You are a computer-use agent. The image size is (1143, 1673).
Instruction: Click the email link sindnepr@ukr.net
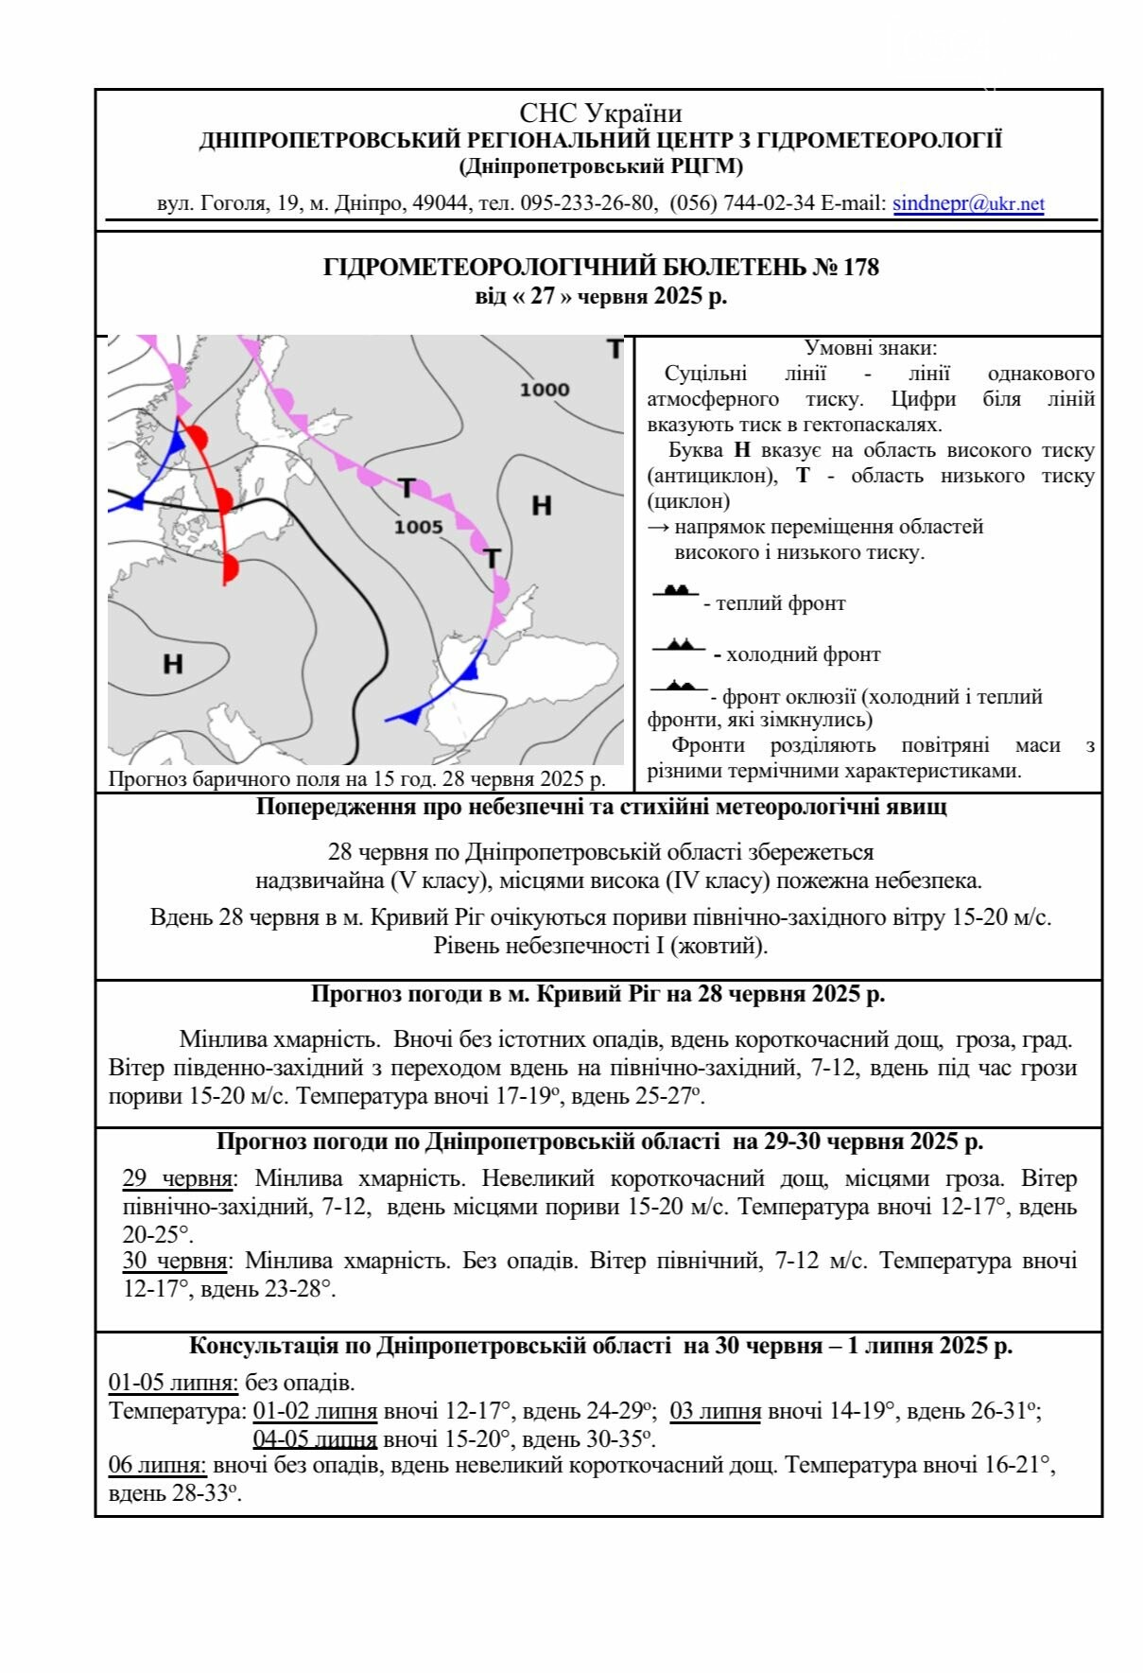point(968,203)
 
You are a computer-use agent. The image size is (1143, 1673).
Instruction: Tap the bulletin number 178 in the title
point(860,268)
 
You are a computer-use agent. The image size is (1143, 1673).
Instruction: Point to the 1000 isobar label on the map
point(545,390)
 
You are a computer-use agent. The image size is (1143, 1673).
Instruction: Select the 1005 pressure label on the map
point(419,527)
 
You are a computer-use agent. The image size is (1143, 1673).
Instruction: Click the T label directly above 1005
point(407,488)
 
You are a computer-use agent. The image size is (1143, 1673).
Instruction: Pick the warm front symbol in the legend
point(676,591)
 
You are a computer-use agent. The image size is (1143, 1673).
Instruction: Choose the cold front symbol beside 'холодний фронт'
point(679,645)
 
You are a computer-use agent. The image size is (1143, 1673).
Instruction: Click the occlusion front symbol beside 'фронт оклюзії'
point(679,686)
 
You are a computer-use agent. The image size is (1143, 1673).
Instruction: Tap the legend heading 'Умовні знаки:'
point(870,348)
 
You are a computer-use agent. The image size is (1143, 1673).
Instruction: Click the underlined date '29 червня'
point(178,1179)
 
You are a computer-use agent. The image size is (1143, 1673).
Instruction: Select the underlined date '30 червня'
point(176,1261)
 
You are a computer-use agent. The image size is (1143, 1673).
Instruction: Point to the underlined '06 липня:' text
point(157,1465)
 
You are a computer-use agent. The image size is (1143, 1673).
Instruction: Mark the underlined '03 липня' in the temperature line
point(716,1411)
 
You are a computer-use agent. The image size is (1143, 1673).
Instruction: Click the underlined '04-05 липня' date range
point(315,1438)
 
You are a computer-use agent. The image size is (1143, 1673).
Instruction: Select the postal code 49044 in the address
point(441,203)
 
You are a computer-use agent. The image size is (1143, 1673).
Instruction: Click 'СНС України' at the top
point(600,114)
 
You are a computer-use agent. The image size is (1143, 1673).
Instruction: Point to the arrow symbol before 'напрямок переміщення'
point(658,527)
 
